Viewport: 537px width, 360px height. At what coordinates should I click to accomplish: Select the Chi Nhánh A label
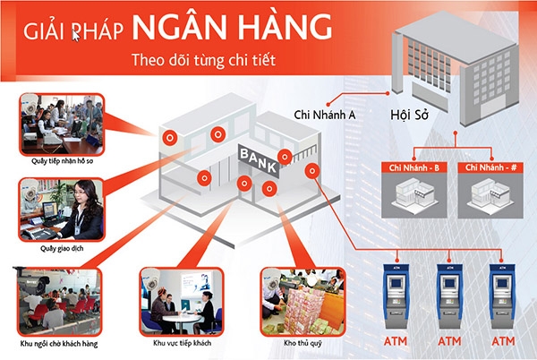click(325, 115)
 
